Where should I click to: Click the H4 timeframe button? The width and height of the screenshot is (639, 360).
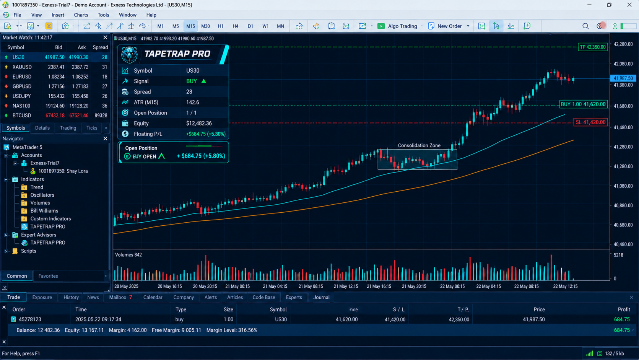[235, 26]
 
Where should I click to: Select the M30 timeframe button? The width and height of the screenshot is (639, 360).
[205, 26]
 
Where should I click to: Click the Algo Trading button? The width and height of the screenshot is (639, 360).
[397, 26]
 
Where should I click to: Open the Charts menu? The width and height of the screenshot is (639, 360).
[81, 15]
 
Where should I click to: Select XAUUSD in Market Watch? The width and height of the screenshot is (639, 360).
[22, 67]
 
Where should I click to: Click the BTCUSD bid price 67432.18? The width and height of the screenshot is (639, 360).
[55, 116]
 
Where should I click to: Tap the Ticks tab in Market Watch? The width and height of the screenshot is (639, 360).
[91, 128]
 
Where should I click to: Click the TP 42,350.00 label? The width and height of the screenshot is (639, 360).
[592, 47]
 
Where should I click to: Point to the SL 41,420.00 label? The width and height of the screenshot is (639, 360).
[590, 122]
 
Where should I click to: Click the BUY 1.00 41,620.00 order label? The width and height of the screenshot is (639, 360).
[583, 104]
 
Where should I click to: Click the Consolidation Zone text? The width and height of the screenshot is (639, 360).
[419, 146]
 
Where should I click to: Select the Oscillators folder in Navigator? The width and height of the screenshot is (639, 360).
[42, 195]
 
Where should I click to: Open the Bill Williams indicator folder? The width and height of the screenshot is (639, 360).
[44, 211]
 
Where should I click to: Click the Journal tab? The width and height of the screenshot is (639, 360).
[321, 297]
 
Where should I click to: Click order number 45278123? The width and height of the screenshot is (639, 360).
[30, 319]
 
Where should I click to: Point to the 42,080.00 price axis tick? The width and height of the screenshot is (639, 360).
[623, 64]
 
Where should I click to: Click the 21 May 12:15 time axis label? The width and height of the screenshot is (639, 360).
[346, 286]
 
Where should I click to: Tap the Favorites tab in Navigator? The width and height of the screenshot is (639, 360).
[48, 276]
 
